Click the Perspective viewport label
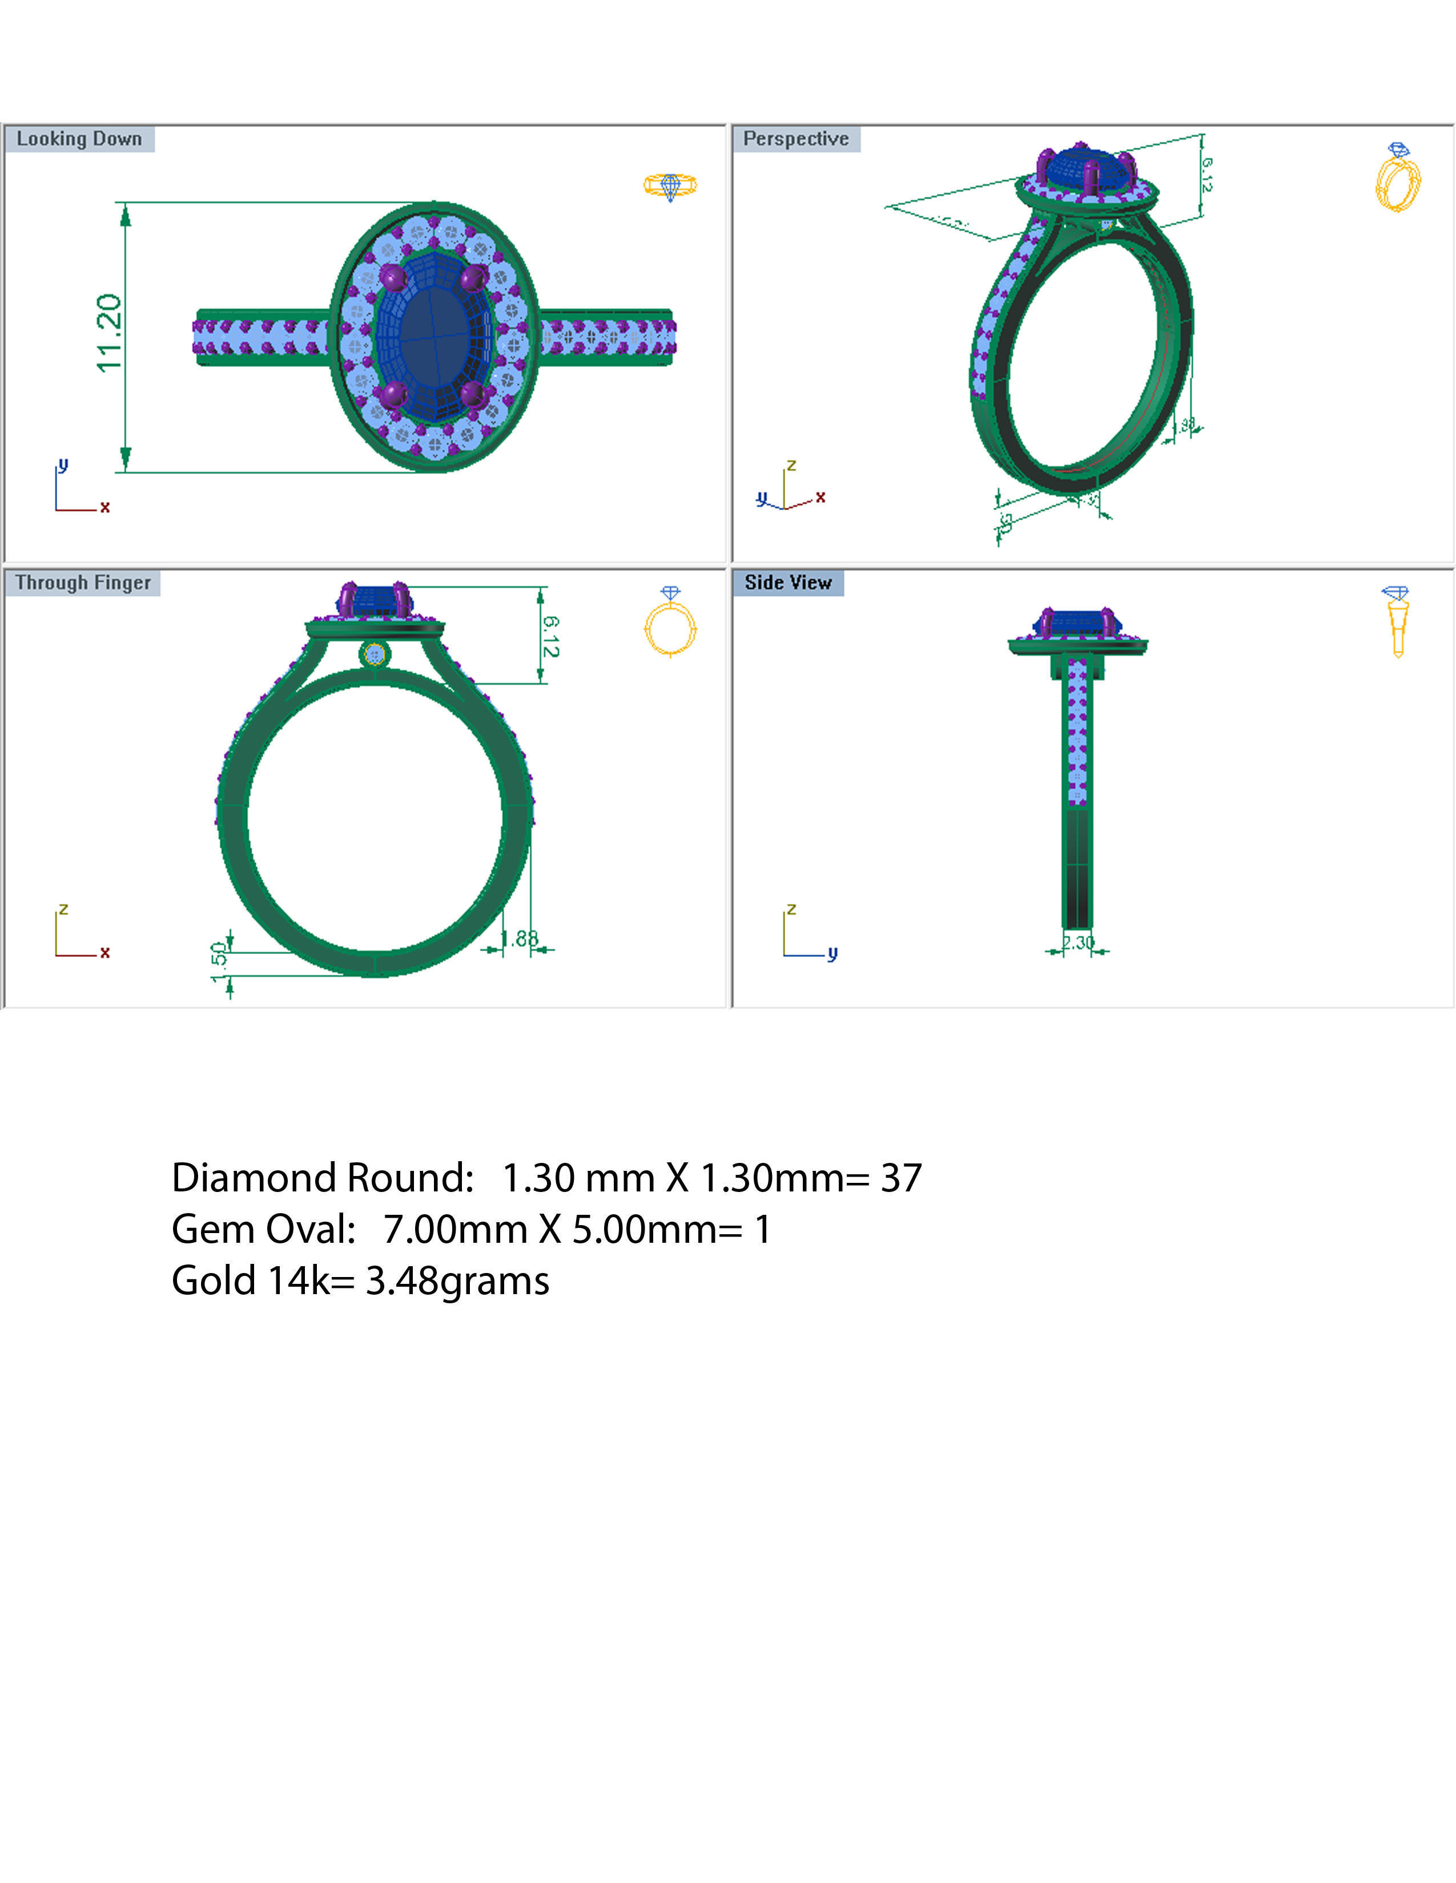click(x=795, y=139)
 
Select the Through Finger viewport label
click(x=83, y=583)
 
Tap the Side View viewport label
click(x=787, y=583)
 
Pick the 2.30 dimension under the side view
click(x=1078, y=943)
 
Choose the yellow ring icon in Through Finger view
click(x=670, y=623)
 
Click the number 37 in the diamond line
click(x=900, y=1178)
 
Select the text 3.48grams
click(x=457, y=1281)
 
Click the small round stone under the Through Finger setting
click(x=375, y=655)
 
